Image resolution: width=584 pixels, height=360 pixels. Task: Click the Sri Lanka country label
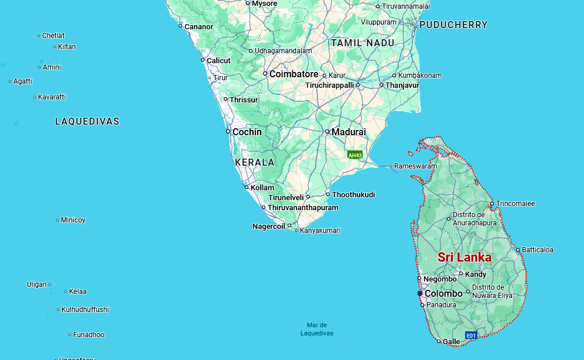[465, 258]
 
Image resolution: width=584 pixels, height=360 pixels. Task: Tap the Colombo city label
[443, 293]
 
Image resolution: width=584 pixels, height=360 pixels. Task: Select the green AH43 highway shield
[355, 155]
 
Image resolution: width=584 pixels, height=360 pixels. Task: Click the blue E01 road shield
[471, 335]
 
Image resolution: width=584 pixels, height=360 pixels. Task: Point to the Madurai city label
[349, 132]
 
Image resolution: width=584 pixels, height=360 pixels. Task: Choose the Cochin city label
[247, 132]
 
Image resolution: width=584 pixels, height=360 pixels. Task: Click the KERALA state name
[255, 162]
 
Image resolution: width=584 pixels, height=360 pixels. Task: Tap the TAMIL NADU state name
[363, 43]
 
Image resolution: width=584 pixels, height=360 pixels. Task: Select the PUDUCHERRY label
[453, 25]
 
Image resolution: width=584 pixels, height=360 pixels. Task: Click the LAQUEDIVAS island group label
[87, 122]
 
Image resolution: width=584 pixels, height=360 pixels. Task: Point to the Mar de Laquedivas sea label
[317, 329]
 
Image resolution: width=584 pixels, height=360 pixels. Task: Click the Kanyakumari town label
[320, 231]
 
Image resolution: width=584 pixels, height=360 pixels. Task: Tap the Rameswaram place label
[415, 166]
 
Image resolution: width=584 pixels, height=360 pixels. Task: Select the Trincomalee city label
[515, 204]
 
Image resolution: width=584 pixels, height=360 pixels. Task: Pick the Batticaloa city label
[538, 250]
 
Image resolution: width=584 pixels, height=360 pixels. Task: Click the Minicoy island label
[73, 220]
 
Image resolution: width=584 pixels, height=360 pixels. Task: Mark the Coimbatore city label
[294, 74]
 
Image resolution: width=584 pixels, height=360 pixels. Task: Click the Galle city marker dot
[439, 341]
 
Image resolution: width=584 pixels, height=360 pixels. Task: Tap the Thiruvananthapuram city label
[303, 208]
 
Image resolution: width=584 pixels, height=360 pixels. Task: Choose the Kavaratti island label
[52, 97]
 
